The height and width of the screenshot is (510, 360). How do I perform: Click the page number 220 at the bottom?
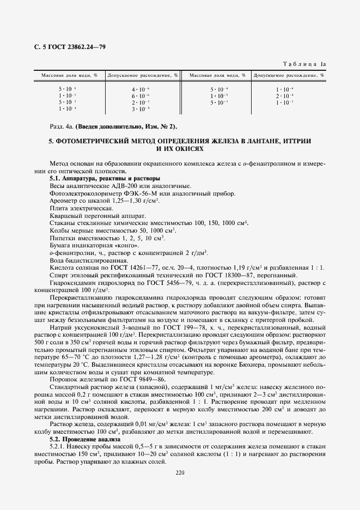click(x=180, y=472)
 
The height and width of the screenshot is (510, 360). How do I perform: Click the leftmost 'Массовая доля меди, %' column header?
click(x=68, y=75)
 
